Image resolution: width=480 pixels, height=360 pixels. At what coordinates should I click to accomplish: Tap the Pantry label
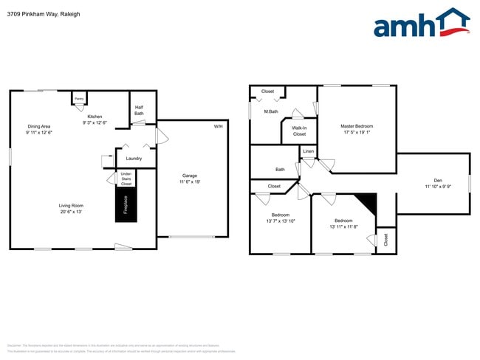coord(79,98)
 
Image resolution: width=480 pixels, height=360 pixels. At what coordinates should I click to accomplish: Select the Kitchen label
coord(95,117)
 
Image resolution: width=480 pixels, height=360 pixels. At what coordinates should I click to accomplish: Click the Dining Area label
coord(38,127)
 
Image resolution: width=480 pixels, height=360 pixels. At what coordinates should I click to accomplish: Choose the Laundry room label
coord(134,159)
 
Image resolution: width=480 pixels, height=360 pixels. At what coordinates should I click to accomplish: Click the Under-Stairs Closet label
coord(126,179)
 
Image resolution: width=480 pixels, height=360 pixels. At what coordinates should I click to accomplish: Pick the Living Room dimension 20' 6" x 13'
coord(72,212)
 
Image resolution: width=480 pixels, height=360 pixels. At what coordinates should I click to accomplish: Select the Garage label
coord(190,176)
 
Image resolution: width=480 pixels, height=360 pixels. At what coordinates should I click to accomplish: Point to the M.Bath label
coord(271,111)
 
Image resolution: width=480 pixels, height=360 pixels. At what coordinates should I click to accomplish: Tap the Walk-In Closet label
coord(299,131)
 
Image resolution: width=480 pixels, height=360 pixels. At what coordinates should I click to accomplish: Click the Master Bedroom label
coord(357,127)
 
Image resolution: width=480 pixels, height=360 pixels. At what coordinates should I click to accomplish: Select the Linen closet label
coord(309,152)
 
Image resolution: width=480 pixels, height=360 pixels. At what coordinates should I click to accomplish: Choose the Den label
coord(437,181)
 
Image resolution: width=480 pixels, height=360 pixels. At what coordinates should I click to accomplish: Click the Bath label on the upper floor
coord(280,169)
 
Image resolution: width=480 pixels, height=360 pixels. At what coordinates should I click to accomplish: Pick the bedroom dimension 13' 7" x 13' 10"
coord(280,221)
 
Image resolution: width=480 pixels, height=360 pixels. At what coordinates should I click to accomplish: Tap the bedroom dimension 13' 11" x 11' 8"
coord(343,226)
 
